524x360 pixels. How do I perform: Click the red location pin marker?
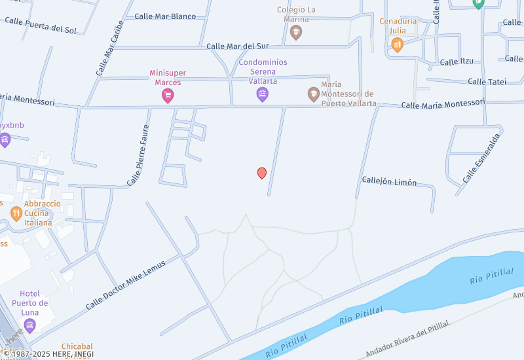262,173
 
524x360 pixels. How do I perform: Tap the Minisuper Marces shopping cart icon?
168,96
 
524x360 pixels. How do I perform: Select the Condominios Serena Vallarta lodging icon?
262,95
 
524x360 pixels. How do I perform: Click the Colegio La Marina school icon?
296,32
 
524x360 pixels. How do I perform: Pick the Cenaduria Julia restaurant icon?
397,45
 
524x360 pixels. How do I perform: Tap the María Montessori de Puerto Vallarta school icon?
314,94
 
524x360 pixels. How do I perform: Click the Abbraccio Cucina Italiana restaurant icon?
16,213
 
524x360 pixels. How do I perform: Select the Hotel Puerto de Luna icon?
29,325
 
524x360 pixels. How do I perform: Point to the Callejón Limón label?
389,182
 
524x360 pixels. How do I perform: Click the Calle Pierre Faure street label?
139,156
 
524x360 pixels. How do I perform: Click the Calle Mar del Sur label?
238,46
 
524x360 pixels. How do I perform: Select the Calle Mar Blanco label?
165,16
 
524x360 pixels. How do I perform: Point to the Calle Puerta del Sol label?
41,25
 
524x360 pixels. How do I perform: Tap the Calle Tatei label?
487,82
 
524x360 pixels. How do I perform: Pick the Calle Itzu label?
457,62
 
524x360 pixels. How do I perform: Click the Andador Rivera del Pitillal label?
407,339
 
